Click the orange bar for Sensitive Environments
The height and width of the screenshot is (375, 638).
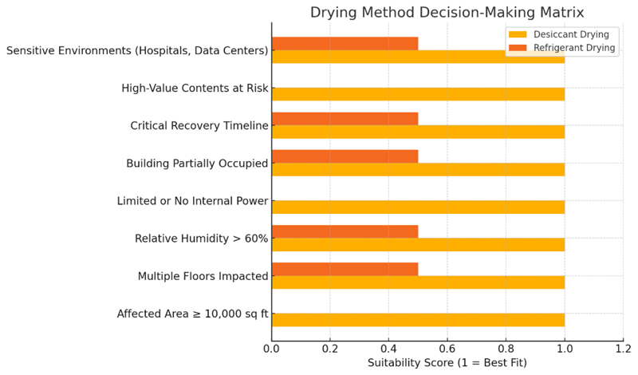[345, 44]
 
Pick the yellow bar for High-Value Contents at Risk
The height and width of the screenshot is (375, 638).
[418, 94]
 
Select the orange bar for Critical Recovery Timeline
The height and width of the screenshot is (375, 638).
[345, 119]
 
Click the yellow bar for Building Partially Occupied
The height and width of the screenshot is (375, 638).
[418, 169]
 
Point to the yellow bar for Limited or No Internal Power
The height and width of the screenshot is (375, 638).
[418, 207]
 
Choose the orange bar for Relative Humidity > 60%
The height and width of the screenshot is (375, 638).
[345, 232]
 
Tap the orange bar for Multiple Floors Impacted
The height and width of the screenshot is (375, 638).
[345, 270]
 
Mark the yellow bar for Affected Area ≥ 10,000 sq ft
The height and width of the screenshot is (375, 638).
[418, 320]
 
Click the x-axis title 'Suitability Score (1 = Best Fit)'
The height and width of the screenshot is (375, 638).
[447, 363]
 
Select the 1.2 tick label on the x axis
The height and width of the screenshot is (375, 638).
[623, 348]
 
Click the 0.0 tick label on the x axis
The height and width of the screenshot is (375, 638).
[272, 348]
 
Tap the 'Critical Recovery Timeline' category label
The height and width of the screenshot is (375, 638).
[199, 126]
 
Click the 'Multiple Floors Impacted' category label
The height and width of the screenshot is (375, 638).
[203, 276]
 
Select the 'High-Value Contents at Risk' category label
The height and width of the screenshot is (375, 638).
[195, 89]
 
